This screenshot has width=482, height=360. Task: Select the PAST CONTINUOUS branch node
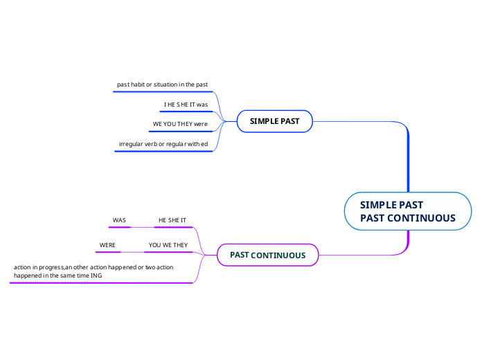pyautogui.click(x=267, y=255)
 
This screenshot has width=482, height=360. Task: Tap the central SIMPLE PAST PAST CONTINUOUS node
pyautogui.click(x=408, y=211)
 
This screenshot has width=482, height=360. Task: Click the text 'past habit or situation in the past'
pyautogui.click(x=163, y=84)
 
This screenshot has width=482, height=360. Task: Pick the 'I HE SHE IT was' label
pyautogui.click(x=186, y=105)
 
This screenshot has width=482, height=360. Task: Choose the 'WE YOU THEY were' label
pyautogui.click(x=180, y=124)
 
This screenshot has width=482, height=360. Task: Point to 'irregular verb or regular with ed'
pyautogui.click(x=163, y=144)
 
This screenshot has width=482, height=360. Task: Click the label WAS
pyautogui.click(x=119, y=220)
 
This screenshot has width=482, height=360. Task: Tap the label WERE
pyautogui.click(x=107, y=245)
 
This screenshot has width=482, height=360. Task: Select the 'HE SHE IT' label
pyautogui.click(x=172, y=220)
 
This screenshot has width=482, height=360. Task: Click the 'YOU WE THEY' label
pyautogui.click(x=168, y=245)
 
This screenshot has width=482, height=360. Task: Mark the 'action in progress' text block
pyautogui.click(x=93, y=271)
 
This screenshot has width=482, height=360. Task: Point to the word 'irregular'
pyautogui.click(x=132, y=144)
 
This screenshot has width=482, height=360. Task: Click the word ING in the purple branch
pyautogui.click(x=96, y=275)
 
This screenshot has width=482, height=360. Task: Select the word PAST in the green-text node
pyautogui.click(x=239, y=255)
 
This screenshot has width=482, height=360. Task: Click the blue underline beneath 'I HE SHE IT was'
pyautogui.click(x=186, y=111)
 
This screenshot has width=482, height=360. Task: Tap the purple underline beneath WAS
pyautogui.click(x=119, y=226)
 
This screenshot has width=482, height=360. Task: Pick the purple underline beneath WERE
pyautogui.click(x=108, y=252)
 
